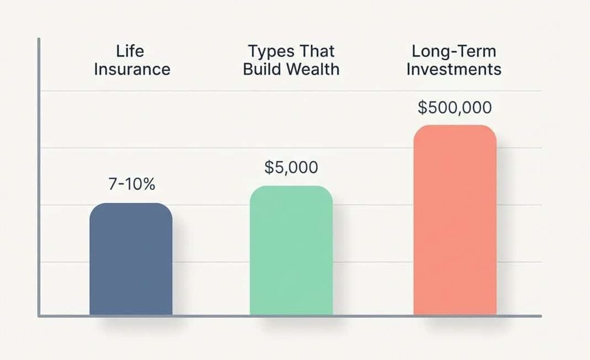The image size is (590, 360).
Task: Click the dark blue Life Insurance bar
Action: click(x=131, y=260)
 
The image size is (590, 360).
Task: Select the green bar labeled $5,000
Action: click(x=291, y=252)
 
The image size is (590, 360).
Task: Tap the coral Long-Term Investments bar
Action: click(x=454, y=222)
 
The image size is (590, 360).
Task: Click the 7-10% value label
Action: click(x=132, y=184)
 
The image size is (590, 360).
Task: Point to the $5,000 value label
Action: click(x=291, y=167)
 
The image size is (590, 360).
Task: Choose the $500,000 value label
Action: click(x=454, y=107)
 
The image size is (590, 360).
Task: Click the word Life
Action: click(x=130, y=52)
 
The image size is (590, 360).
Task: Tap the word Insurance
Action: click(x=132, y=69)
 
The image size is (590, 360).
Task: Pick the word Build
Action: click(x=262, y=69)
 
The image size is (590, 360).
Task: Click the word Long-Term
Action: click(x=454, y=52)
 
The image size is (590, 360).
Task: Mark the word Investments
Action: click(x=454, y=69)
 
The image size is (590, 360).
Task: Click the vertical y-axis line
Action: click(x=39, y=177)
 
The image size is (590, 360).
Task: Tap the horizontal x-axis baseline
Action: click(x=288, y=316)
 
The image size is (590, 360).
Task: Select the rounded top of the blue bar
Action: click(x=131, y=205)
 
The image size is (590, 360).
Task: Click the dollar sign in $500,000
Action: click(x=423, y=107)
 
